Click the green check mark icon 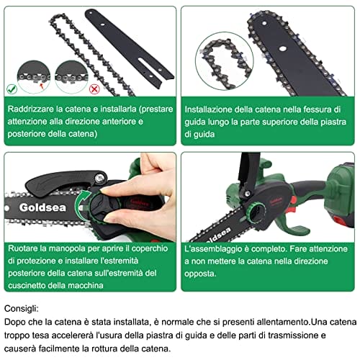[x=12, y=89]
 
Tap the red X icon [x=94, y=89]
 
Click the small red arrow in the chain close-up [x=42, y=86]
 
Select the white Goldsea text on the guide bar [x=42, y=207]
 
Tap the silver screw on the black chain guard [x=99, y=178]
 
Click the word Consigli [x=22, y=309]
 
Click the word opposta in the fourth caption [x=200, y=274]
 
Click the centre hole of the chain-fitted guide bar [x=283, y=49]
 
